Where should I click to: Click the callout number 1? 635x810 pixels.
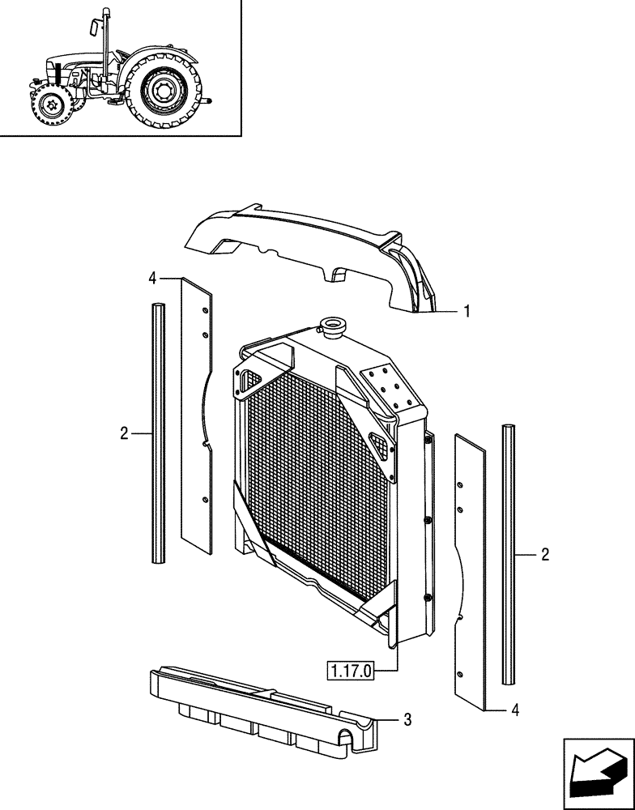point(467,310)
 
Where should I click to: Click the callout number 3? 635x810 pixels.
point(407,718)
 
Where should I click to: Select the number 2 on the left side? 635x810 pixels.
point(124,434)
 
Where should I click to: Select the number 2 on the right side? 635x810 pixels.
point(545,555)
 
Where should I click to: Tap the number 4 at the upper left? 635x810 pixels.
point(152,279)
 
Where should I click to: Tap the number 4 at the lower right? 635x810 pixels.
point(516,710)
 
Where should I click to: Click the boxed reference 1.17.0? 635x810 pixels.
point(351,671)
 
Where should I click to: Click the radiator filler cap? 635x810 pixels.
point(332,326)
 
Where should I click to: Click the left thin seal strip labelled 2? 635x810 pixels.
point(158,433)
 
